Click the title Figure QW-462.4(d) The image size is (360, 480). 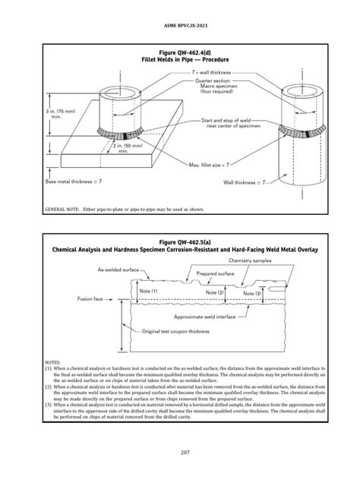click(x=180, y=51)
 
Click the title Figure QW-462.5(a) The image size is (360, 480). click(x=180, y=241)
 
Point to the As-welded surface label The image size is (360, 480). click(x=118, y=270)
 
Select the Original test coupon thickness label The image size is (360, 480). click(x=178, y=331)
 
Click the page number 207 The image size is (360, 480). click(x=180, y=453)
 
